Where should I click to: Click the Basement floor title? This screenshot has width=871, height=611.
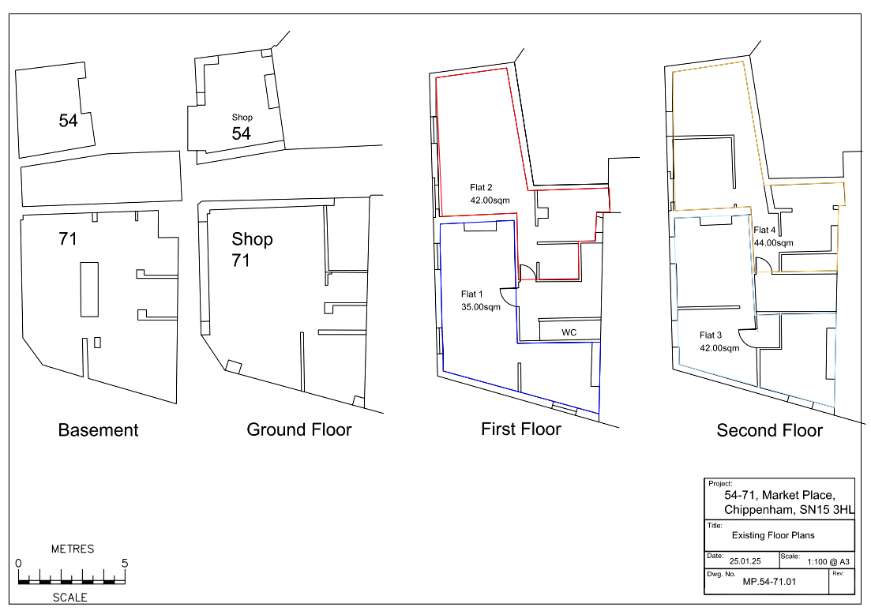99,430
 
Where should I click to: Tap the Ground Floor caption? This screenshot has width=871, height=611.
298,429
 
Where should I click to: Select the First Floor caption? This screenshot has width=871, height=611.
521,429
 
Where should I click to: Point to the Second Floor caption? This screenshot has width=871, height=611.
769,430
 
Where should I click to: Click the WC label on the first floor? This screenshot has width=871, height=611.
569,332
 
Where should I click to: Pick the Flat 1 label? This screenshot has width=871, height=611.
471,294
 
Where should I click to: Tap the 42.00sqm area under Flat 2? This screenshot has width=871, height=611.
490,200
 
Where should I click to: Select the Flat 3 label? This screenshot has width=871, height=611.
711,335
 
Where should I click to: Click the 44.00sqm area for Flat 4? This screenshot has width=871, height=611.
774,242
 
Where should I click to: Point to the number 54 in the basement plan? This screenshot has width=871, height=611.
69,121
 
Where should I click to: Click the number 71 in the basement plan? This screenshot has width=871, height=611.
68,239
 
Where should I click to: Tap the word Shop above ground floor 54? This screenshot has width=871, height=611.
242,117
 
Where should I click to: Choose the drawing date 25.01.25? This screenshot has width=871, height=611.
745,561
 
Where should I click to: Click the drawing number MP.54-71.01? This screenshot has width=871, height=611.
769,582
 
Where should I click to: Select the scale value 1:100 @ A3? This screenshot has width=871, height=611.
828,561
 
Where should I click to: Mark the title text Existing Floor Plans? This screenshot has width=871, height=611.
773,535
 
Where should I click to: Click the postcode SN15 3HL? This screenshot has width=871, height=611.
827,510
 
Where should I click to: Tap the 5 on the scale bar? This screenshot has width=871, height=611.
125,563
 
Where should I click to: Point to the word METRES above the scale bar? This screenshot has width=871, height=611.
73,549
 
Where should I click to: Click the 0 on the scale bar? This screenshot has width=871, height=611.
18,563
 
